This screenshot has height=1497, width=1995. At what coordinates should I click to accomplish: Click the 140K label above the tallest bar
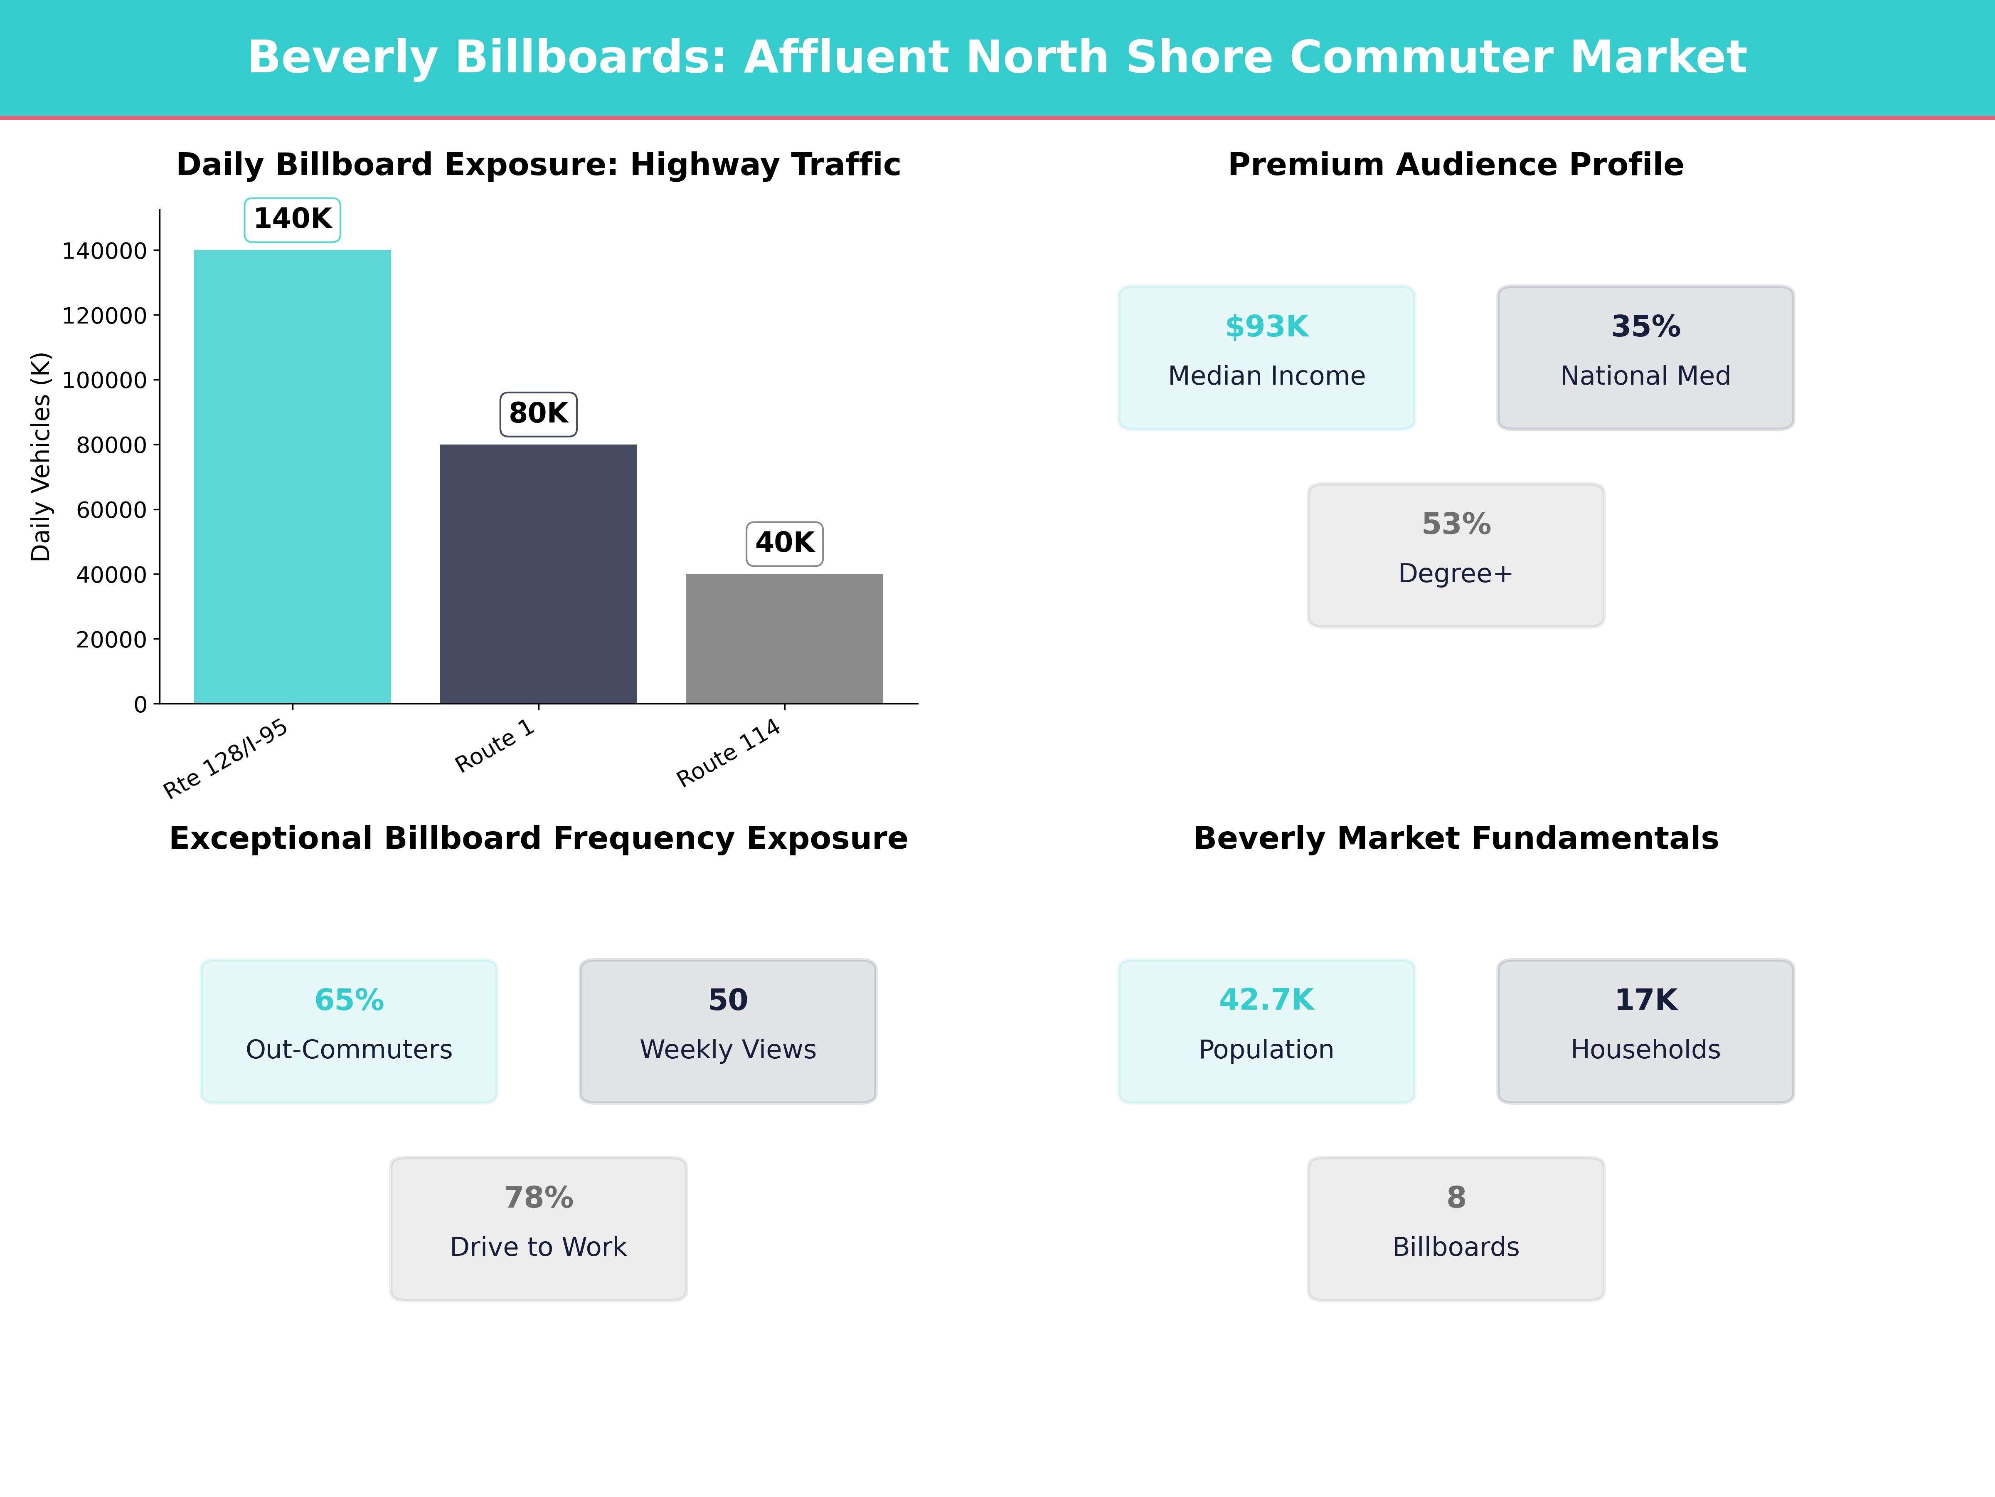click(x=292, y=219)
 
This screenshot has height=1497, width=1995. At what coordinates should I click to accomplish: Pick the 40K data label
click(x=785, y=543)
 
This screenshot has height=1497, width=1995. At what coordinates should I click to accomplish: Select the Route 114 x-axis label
click(x=729, y=753)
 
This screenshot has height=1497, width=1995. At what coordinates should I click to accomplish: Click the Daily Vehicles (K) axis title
click(x=41, y=457)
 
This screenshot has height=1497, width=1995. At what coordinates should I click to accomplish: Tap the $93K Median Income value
click(x=1266, y=327)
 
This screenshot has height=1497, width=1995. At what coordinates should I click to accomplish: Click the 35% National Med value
click(x=1645, y=327)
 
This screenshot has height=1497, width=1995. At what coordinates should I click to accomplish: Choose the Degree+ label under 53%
click(x=1456, y=574)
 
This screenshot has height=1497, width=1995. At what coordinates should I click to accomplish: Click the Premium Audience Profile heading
click(x=1456, y=165)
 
